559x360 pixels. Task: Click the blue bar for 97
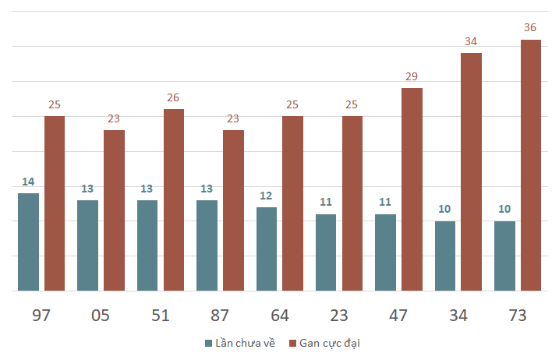point(29,242)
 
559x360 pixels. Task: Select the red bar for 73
point(531,165)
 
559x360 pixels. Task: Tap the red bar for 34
point(472,172)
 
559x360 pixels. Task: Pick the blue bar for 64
point(267,249)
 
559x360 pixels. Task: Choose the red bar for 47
point(412,189)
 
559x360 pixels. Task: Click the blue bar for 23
point(326,252)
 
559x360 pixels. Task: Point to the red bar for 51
point(174,200)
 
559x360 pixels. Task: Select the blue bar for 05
point(87,245)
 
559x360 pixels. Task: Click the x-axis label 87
point(220,316)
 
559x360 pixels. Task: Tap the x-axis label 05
point(100,316)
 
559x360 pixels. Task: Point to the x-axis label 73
point(517,316)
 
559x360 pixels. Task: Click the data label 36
point(530,27)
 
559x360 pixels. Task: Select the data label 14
point(28,182)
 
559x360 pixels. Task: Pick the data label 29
point(412,76)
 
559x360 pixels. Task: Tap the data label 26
point(173,97)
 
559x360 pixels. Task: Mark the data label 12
point(266,196)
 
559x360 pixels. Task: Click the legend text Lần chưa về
point(246,343)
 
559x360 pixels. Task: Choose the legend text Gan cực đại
point(330,343)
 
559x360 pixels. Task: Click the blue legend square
point(209,344)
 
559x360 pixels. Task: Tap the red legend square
point(292,344)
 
